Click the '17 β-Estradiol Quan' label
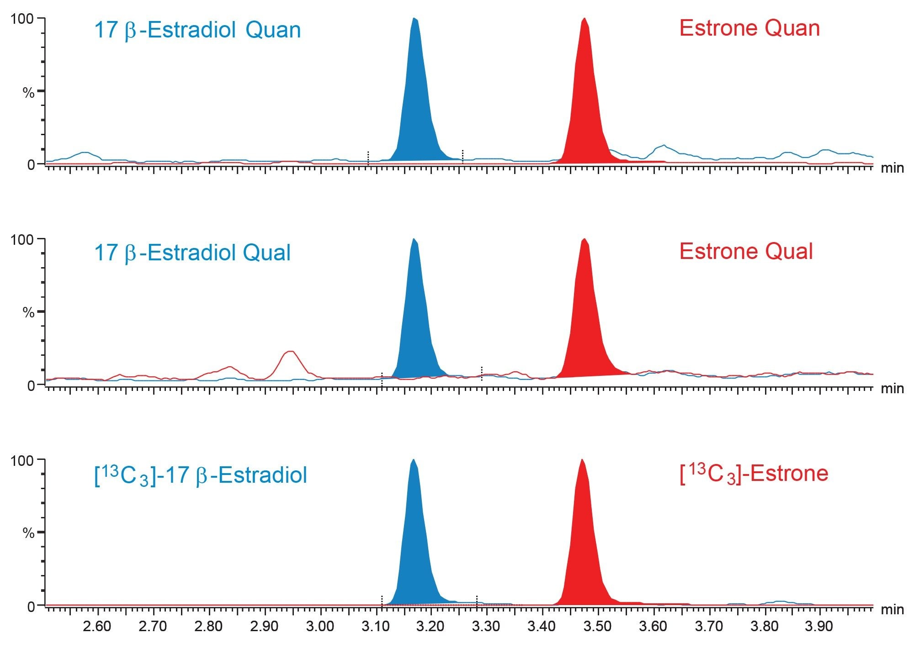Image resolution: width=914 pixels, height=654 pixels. [197, 30]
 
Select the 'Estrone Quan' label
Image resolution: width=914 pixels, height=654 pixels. [749, 28]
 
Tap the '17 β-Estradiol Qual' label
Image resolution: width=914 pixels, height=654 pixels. [192, 253]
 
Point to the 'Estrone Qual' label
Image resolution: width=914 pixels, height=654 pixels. [746, 251]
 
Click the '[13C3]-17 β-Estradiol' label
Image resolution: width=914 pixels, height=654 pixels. [200, 475]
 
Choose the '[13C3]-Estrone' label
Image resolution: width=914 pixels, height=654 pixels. [754, 474]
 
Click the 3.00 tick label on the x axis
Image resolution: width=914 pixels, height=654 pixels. [320, 626]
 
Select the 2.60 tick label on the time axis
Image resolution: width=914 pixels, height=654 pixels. [97, 626]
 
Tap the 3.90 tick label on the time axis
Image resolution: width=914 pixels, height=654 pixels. [819, 626]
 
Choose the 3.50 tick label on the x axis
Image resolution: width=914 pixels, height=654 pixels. [597, 626]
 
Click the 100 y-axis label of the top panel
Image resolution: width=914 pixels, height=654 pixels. [22, 19]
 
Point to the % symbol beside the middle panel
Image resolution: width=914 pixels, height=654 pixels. [28, 313]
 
